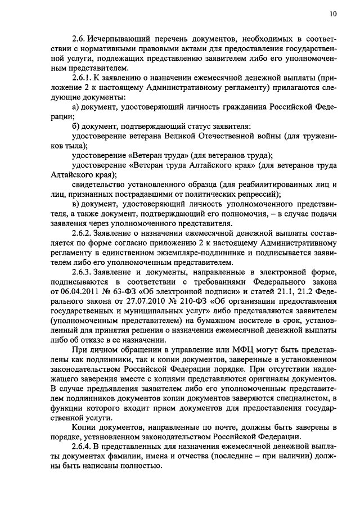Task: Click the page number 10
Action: [334, 13]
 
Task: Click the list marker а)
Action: [78, 106]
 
